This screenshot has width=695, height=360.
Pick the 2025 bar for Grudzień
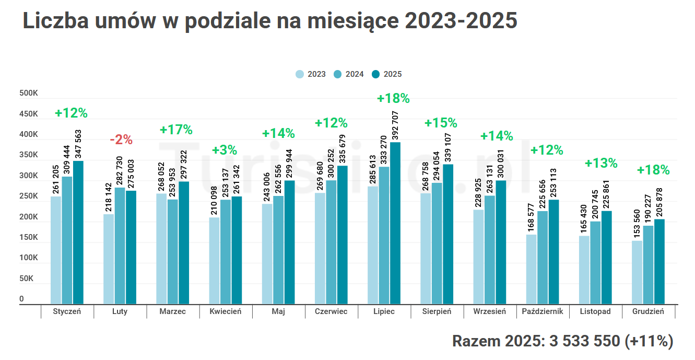pyautogui.click(x=659, y=261)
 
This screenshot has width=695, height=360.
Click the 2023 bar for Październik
pyautogui.click(x=531, y=269)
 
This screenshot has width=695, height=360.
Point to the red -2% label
pyautogui.click(x=121, y=140)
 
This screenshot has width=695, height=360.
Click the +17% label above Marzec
pyautogui.click(x=176, y=130)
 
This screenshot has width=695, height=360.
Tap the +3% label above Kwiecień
pyautogui.click(x=225, y=150)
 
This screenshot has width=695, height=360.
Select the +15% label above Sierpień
pyautogui.click(x=440, y=123)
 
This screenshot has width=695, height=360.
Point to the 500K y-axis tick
pyautogui.click(x=29, y=94)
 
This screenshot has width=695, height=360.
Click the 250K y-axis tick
pyautogui.click(x=29, y=196)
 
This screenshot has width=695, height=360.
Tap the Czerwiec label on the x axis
pyautogui.click(x=331, y=311)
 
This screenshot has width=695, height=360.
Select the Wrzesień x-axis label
pyautogui.click(x=489, y=311)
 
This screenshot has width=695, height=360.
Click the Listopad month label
pyautogui.click(x=595, y=311)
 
